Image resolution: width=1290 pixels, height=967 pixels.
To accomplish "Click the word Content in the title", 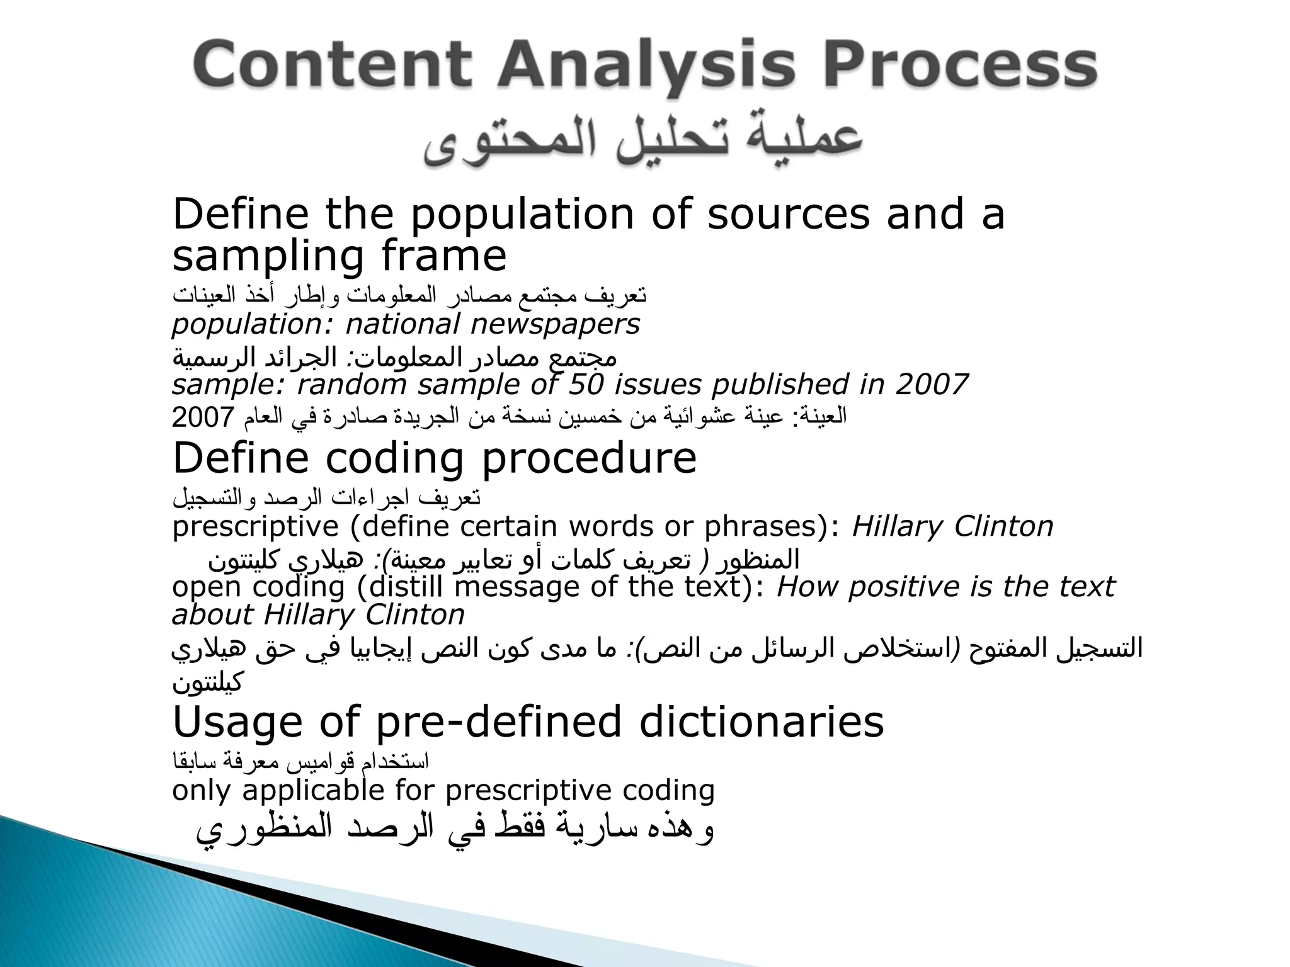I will [x=333, y=67].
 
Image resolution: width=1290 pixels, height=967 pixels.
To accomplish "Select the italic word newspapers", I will [x=555, y=325].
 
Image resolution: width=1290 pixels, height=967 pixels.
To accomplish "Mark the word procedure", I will [x=589, y=458].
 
